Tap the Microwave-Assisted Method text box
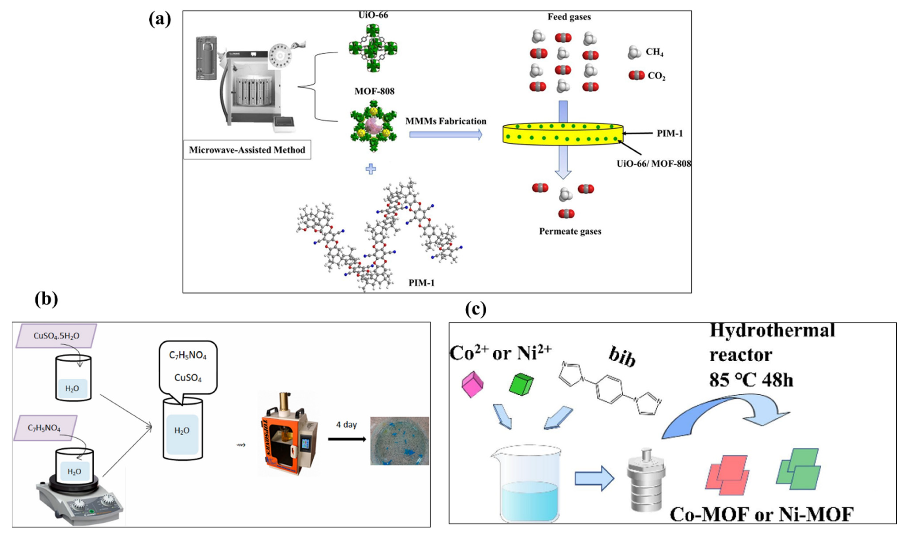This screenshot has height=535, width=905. click(x=247, y=150)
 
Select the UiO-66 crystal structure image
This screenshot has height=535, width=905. click(x=373, y=48)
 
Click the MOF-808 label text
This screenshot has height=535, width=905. click(x=374, y=91)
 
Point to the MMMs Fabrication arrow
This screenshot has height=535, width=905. click(x=446, y=134)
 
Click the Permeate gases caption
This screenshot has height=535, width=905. click(x=570, y=231)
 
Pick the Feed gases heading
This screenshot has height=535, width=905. click(x=569, y=17)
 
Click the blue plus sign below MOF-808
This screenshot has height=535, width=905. click(x=371, y=169)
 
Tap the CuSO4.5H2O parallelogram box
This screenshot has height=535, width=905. click(x=56, y=336)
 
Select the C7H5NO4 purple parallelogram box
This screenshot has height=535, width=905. click(x=45, y=428)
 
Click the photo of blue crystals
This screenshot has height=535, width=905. click(x=400, y=441)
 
